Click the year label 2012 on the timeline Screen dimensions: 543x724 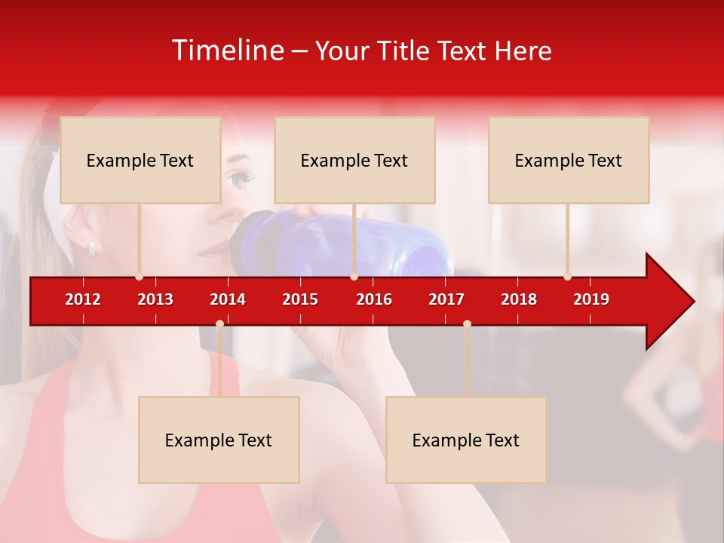[x=83, y=299]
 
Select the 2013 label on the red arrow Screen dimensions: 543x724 [x=155, y=299]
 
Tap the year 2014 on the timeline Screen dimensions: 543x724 [x=228, y=299]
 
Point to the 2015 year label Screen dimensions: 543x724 [x=300, y=299]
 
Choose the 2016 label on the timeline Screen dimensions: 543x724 [x=374, y=299]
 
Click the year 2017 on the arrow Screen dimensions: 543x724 [x=446, y=299]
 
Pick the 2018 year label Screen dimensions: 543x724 [x=519, y=299]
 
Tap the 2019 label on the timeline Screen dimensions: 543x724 [x=591, y=299]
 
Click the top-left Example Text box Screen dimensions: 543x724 [x=140, y=160]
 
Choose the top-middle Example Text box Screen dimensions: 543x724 [x=354, y=160]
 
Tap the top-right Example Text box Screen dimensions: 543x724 [x=569, y=160]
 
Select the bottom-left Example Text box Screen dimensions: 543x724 [x=219, y=440]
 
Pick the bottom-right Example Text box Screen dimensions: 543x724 [x=466, y=440]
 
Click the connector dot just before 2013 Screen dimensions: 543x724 [x=139, y=277]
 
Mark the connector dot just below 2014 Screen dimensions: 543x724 [x=219, y=324]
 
